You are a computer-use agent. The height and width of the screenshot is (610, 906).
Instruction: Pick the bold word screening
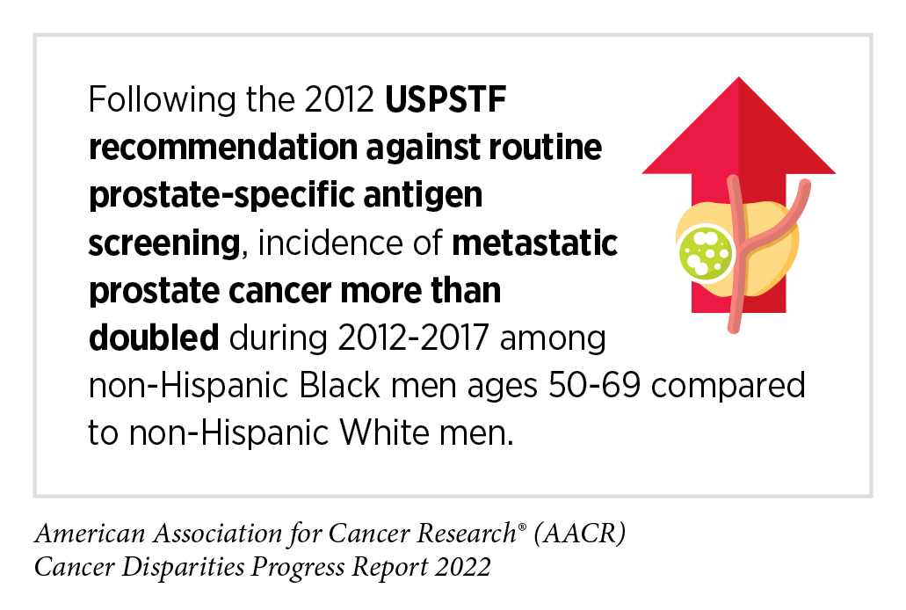(x=163, y=244)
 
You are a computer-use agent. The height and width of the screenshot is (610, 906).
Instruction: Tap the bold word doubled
(x=153, y=338)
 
